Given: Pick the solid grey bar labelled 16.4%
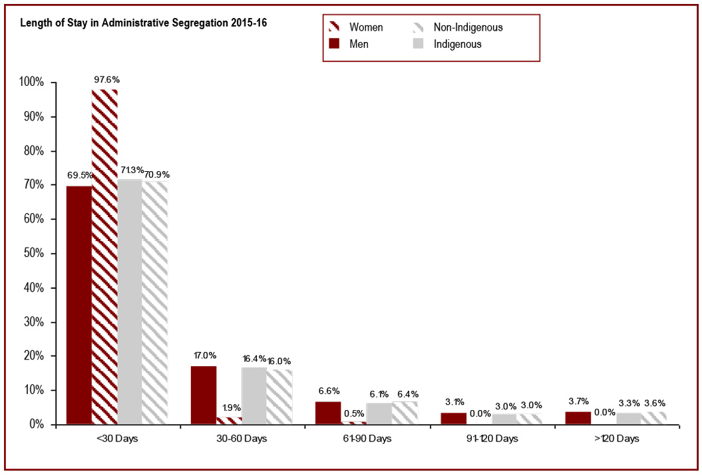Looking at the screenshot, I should click(254, 395).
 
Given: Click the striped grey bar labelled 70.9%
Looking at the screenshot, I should click(155, 302).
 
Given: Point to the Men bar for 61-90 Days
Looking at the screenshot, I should click(328, 413).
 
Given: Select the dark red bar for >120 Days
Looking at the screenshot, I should click(578, 417).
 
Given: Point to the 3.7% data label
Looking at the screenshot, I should click(578, 401).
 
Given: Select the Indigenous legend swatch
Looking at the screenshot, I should click(419, 44).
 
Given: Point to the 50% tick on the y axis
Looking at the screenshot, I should click(31, 254).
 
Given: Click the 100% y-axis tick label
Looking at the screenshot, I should click(30, 83).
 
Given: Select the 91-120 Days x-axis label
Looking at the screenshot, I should click(492, 439).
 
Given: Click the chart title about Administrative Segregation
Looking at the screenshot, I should click(144, 23).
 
